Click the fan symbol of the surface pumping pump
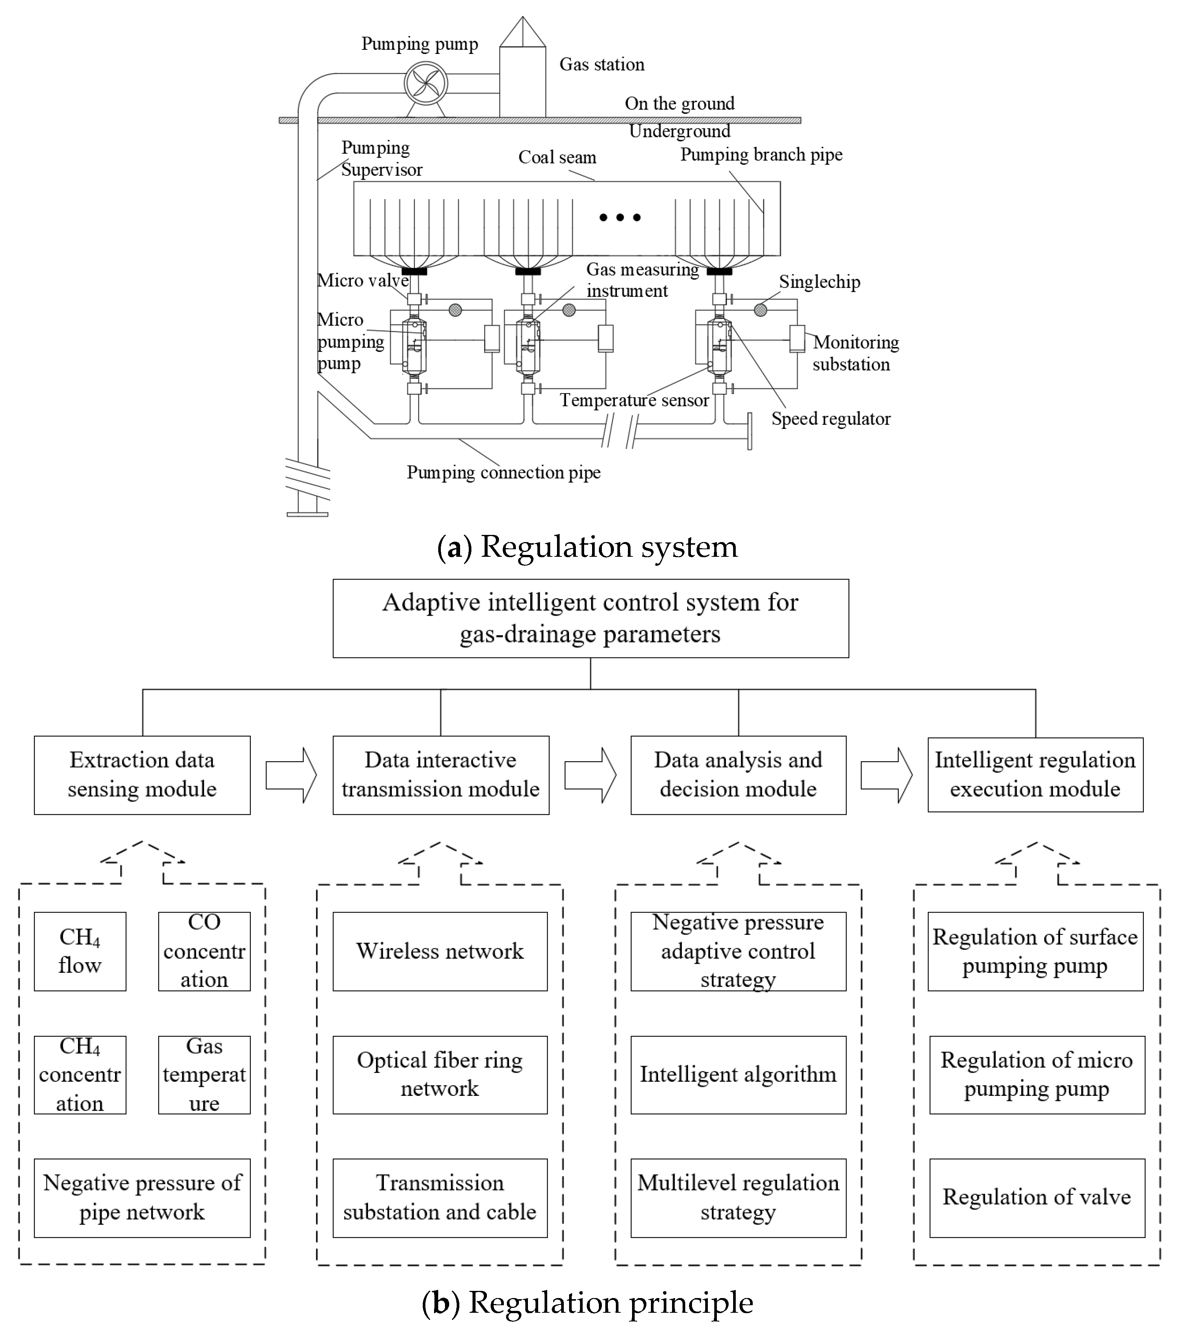click(x=425, y=83)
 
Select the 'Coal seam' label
click(x=557, y=157)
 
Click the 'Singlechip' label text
click(x=819, y=281)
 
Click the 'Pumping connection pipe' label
click(x=503, y=472)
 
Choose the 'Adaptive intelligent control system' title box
click(x=590, y=618)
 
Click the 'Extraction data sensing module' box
click(x=142, y=775)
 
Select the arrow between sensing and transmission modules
click(x=291, y=775)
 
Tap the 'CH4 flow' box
click(x=80, y=951)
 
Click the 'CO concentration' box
click(x=204, y=951)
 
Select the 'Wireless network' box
click(x=440, y=951)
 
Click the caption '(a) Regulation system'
click(x=587, y=546)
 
